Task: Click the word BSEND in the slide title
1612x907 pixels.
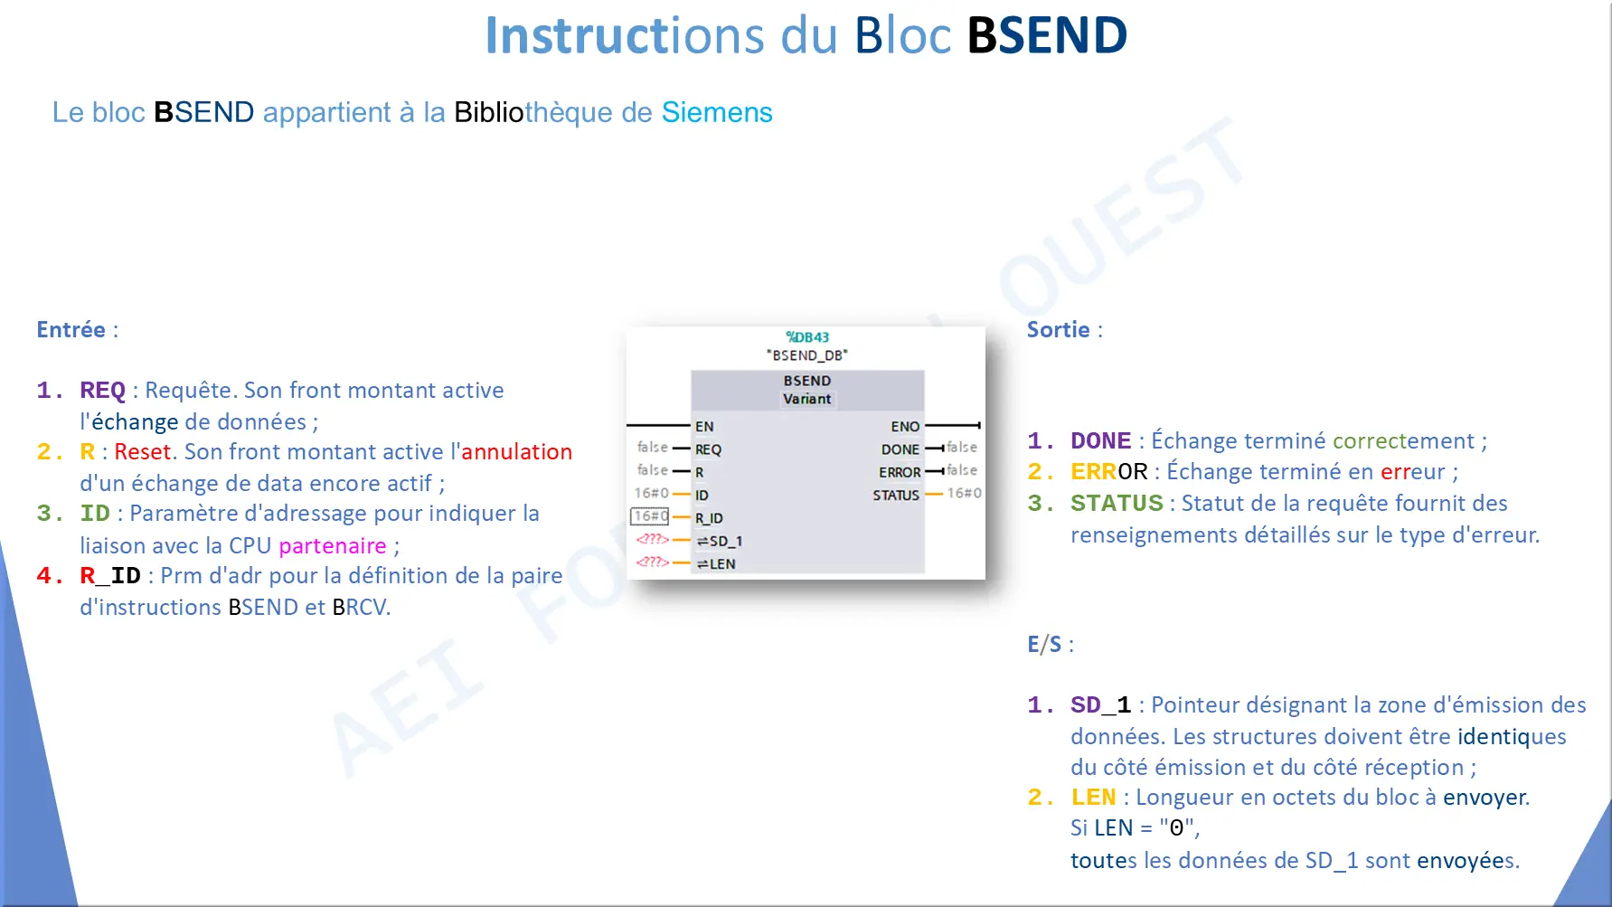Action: (x=1047, y=35)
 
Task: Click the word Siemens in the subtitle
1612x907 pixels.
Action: (x=717, y=112)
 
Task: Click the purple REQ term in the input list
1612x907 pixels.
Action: (x=102, y=390)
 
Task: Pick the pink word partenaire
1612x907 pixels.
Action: (x=332, y=545)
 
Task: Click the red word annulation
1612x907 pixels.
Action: (x=516, y=451)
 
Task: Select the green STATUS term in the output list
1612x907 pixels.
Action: (x=1117, y=503)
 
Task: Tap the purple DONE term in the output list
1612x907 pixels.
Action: (x=1100, y=440)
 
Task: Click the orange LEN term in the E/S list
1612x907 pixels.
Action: (x=1093, y=797)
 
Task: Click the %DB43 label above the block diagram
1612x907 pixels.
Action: (x=807, y=336)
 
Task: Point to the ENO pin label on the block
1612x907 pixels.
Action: (x=905, y=426)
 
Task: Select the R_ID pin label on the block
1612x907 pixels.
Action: (x=709, y=518)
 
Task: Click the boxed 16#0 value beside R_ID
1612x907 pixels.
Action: (x=649, y=516)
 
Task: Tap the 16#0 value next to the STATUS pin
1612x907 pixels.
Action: (x=964, y=493)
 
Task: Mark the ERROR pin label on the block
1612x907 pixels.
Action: (x=900, y=472)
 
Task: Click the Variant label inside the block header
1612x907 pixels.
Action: (x=806, y=399)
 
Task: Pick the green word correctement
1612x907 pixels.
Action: (x=1403, y=440)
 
